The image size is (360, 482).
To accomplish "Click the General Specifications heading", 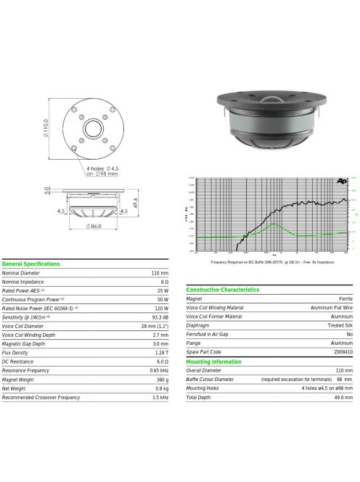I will point(30,264).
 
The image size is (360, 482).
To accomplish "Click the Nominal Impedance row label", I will point(22,282).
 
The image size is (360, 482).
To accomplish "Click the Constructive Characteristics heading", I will point(222,290).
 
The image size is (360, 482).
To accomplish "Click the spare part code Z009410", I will point(343,352).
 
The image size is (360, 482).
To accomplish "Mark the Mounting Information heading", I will point(214,361).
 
